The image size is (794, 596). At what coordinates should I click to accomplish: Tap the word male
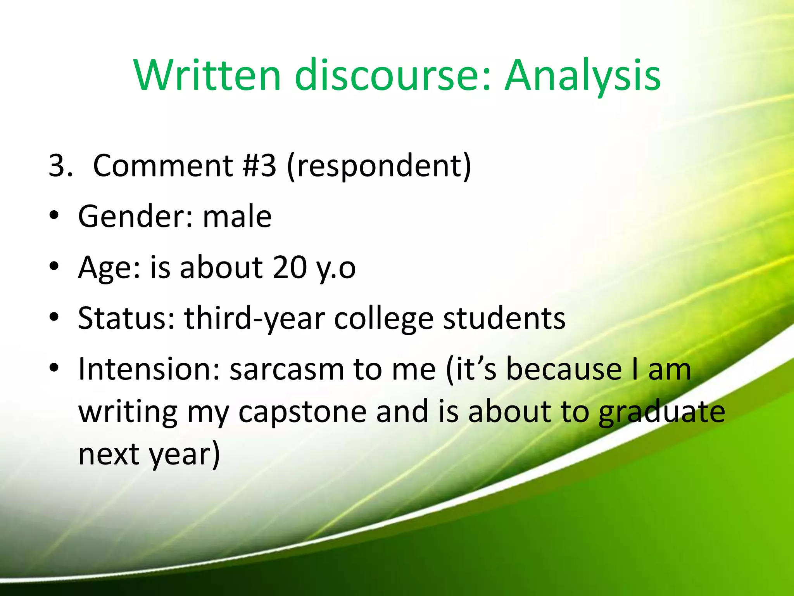237,216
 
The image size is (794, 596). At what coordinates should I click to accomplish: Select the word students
504,318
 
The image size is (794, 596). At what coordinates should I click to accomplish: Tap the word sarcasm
287,369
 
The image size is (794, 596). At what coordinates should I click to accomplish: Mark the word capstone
302,412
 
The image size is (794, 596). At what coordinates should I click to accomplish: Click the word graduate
661,412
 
